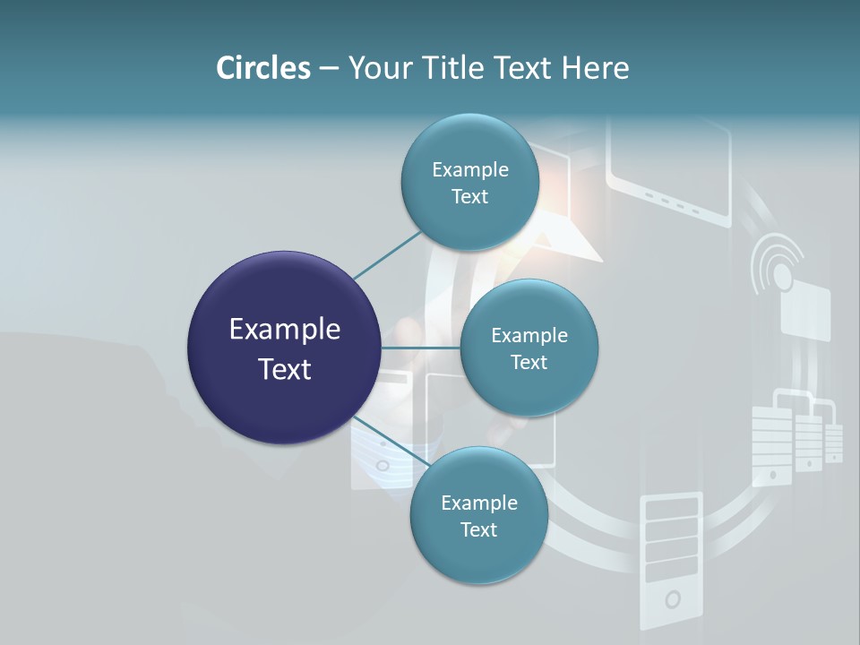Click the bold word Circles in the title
(262, 68)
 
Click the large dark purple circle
(284, 348)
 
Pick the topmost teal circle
(469, 183)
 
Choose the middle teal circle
(529, 348)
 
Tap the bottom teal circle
(478, 516)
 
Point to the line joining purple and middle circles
(420, 348)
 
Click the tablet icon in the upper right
(669, 170)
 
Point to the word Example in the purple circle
(284, 330)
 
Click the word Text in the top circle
(469, 197)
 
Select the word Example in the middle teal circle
(529, 335)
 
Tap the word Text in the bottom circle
(478, 529)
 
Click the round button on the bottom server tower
(671, 598)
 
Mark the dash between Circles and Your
(329, 68)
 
